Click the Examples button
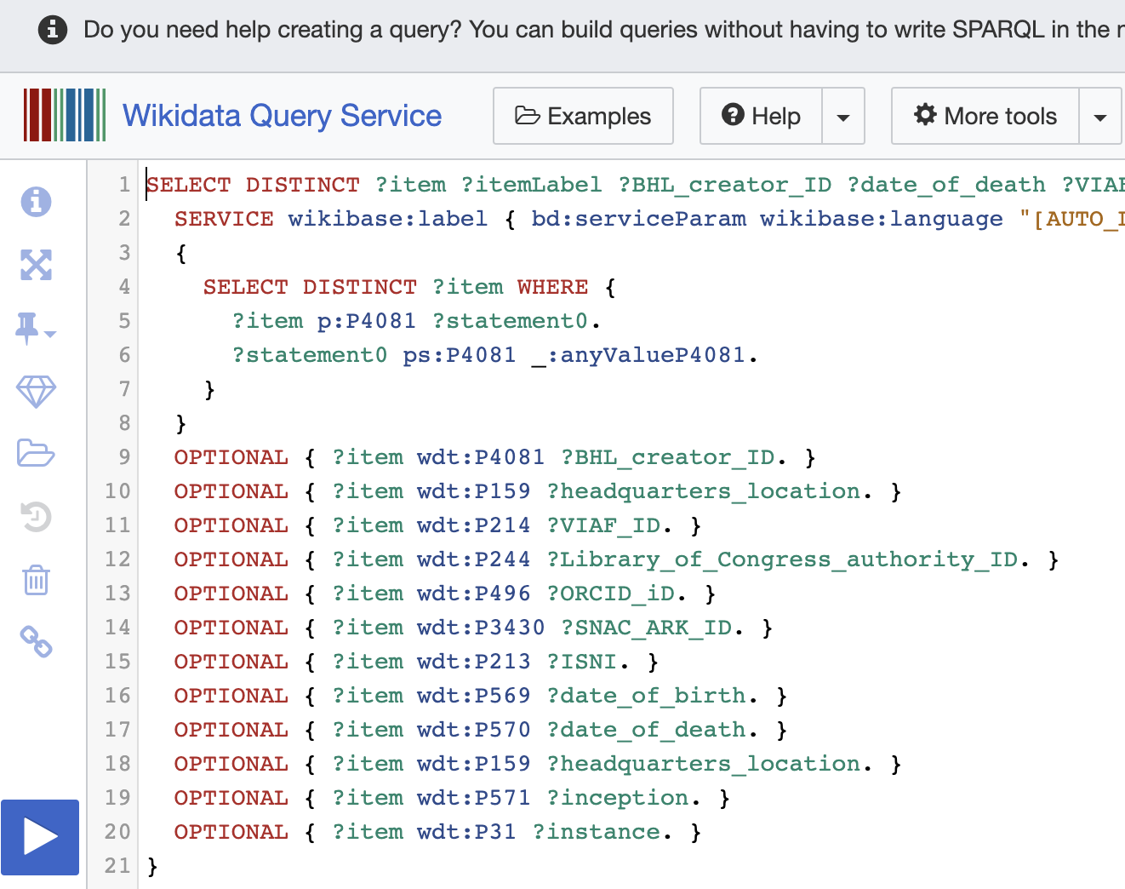(583, 116)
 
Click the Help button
(761, 116)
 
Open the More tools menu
(985, 116)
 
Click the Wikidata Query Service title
(282, 116)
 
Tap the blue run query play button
(40, 836)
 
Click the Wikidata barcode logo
(65, 115)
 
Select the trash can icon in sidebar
(36, 580)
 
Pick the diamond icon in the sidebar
(36, 392)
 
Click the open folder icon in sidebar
(36, 453)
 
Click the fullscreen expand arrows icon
(36, 265)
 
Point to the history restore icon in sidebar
(36, 517)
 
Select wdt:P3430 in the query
(481, 628)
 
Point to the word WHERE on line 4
(552, 287)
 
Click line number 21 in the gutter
(117, 866)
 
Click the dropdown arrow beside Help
(843, 117)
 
